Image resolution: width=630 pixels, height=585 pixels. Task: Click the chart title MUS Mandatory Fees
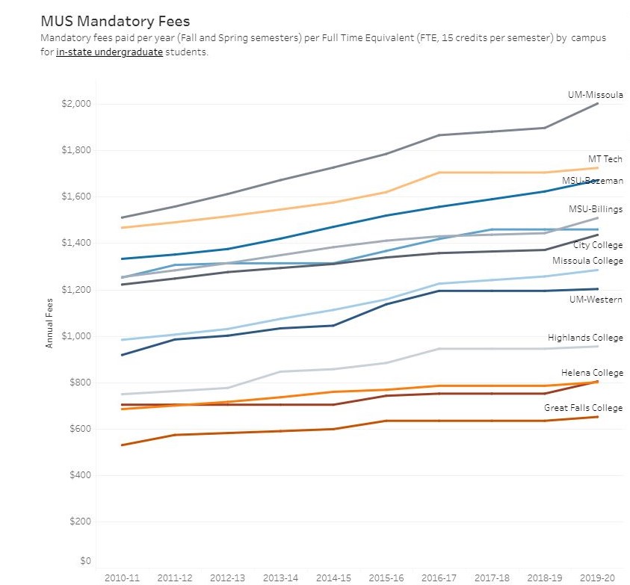click(115, 21)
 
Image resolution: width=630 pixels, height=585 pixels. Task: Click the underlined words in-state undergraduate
click(109, 53)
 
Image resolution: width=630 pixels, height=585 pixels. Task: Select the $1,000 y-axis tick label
click(75, 336)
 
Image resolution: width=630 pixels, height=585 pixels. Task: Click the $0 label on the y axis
click(85, 560)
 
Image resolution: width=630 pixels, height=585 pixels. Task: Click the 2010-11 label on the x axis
click(122, 578)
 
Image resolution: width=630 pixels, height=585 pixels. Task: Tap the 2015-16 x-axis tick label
click(387, 578)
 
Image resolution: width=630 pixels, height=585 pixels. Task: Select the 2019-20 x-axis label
click(599, 578)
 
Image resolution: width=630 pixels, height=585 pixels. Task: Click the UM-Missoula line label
click(595, 95)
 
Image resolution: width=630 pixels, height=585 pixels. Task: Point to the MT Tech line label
click(605, 159)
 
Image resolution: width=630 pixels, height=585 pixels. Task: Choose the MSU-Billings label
click(595, 209)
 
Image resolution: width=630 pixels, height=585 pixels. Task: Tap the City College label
click(597, 245)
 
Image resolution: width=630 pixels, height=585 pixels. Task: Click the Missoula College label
click(587, 261)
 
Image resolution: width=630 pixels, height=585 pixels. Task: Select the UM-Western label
click(596, 300)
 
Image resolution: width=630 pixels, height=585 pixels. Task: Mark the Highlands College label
click(584, 338)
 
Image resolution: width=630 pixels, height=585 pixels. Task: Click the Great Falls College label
click(583, 408)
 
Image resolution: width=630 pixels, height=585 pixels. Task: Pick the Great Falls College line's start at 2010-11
click(122, 445)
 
